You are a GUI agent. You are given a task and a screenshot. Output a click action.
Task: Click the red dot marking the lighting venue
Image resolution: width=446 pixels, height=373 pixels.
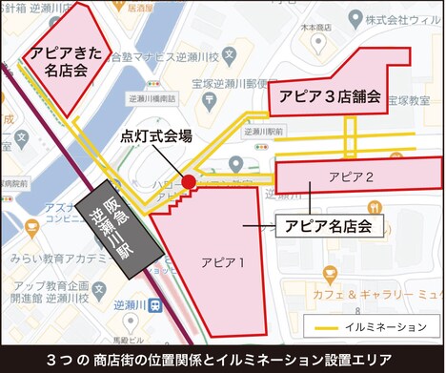click(x=189, y=181)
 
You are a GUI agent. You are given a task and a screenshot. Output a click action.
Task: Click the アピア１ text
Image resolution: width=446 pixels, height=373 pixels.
click(x=223, y=260)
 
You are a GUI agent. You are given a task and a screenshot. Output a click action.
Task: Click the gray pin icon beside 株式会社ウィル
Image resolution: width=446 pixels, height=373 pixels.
click(x=355, y=18)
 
